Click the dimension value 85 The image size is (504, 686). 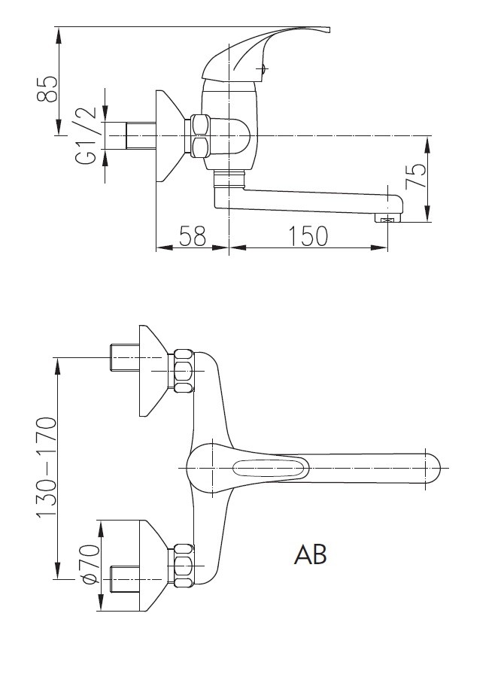(47, 89)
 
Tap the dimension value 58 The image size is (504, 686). (193, 236)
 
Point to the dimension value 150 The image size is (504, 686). (308, 236)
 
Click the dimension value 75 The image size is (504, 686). (416, 176)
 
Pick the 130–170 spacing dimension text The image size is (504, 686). (47, 468)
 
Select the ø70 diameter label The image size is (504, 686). (90, 564)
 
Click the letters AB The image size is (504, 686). (310, 555)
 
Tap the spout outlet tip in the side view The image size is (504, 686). (389, 218)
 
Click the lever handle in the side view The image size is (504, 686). (263, 48)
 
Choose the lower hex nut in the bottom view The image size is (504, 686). (183, 566)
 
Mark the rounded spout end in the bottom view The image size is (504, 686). (433, 468)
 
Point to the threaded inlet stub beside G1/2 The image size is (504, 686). (141, 135)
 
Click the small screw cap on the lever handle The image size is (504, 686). (263, 69)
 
